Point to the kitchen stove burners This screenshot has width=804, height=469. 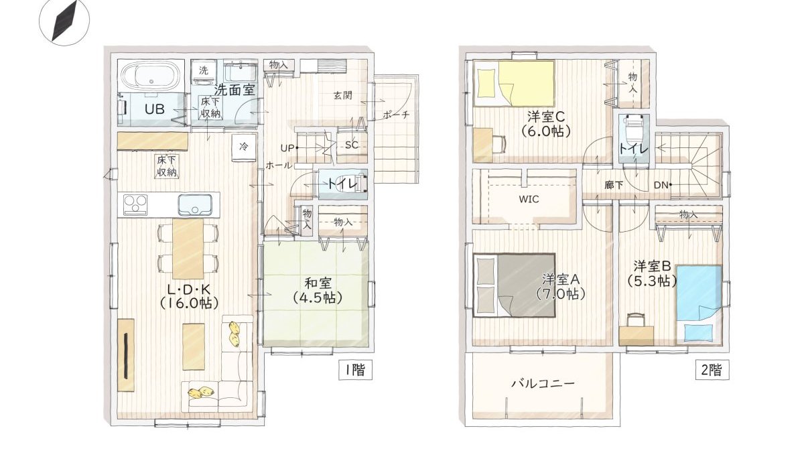(x=134, y=204)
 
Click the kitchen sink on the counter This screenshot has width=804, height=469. (x=196, y=204)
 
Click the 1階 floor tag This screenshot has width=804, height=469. (x=354, y=369)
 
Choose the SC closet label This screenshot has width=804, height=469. (x=351, y=145)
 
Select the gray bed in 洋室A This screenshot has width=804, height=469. (x=514, y=284)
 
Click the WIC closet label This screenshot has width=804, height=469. (x=529, y=199)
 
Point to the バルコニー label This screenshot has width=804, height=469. (x=543, y=383)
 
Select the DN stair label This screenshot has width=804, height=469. (x=662, y=185)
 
